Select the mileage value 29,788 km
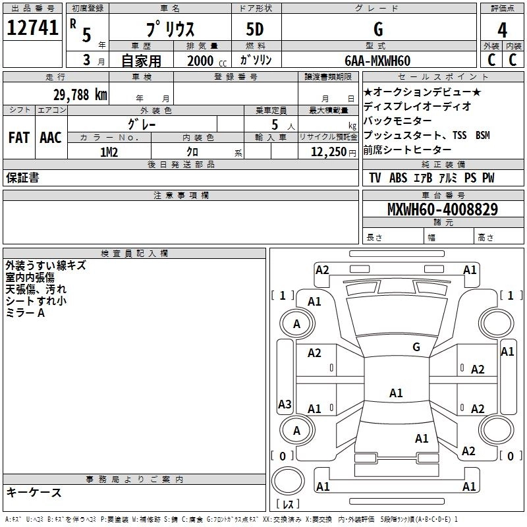pyautogui.click(x=80, y=95)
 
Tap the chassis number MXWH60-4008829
pyautogui.click(x=442, y=209)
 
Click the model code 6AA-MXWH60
pyautogui.click(x=377, y=61)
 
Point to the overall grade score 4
pyautogui.click(x=503, y=30)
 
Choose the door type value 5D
pyautogui.click(x=256, y=30)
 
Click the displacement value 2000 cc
pyautogui.click(x=202, y=61)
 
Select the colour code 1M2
pyautogui.click(x=109, y=152)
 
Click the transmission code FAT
pyautogui.click(x=18, y=138)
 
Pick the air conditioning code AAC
pyautogui.click(x=50, y=138)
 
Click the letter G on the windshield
pyautogui.click(x=416, y=347)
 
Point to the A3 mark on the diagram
pyautogui.click(x=285, y=404)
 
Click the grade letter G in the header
pyautogui.click(x=377, y=30)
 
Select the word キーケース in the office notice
pyautogui.click(x=34, y=493)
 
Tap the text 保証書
pyautogui.click(x=22, y=178)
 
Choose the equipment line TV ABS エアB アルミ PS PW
pyautogui.click(x=431, y=178)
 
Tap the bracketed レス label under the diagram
pyautogui.click(x=289, y=505)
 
